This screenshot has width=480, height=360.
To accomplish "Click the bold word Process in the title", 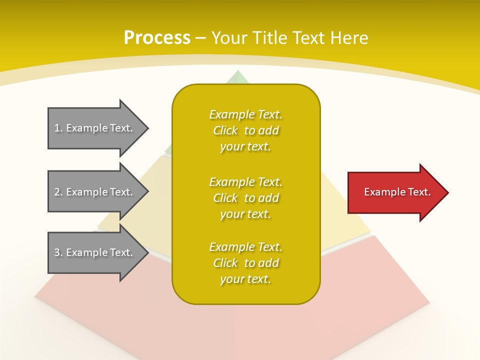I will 157,38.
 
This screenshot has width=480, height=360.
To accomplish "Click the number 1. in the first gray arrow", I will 58,128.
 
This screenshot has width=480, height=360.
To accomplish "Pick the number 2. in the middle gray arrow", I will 58,192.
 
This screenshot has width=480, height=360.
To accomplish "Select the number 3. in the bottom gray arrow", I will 58,252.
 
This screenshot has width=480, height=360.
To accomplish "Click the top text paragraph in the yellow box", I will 245,130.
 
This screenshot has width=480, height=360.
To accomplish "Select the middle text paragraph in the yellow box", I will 245,198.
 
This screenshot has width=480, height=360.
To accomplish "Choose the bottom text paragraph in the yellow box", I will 245,263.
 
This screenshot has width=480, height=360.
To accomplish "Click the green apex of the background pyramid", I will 238,77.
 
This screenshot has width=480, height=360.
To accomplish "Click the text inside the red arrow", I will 397,192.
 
